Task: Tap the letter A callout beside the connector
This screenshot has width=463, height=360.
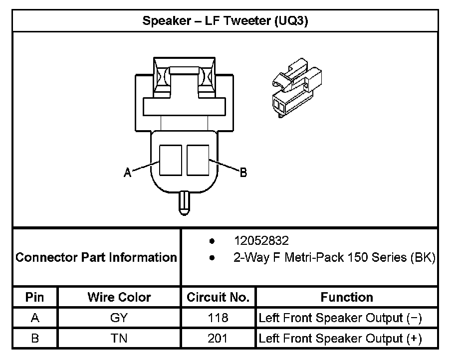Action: pos(128,173)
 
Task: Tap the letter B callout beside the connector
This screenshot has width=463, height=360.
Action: pos(243,173)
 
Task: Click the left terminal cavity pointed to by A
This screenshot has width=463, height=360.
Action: pos(170,160)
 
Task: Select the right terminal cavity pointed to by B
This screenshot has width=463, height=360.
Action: pos(197,160)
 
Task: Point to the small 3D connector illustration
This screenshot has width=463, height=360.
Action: pos(296,88)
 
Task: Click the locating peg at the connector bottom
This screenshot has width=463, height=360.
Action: pos(184,203)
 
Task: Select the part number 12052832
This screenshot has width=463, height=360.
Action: pos(261,241)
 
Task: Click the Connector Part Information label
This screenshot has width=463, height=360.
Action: pos(96,257)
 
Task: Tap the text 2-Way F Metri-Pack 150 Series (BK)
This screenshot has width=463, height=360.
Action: pos(334,258)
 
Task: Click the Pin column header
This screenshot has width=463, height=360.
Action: pos(35,298)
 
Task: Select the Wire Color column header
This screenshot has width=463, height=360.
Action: pos(119,298)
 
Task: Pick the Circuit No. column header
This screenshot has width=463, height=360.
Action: pos(218,298)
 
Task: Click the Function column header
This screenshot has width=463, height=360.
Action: pos(347,298)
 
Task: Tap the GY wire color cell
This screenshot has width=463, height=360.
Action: pos(119,318)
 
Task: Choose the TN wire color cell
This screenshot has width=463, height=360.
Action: pos(119,339)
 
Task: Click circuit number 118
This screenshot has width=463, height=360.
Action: pos(218,318)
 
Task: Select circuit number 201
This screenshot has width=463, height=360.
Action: pos(218,339)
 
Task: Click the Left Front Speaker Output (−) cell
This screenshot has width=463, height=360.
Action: pos(340,318)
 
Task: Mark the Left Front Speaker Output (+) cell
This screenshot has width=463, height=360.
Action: pos(340,339)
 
